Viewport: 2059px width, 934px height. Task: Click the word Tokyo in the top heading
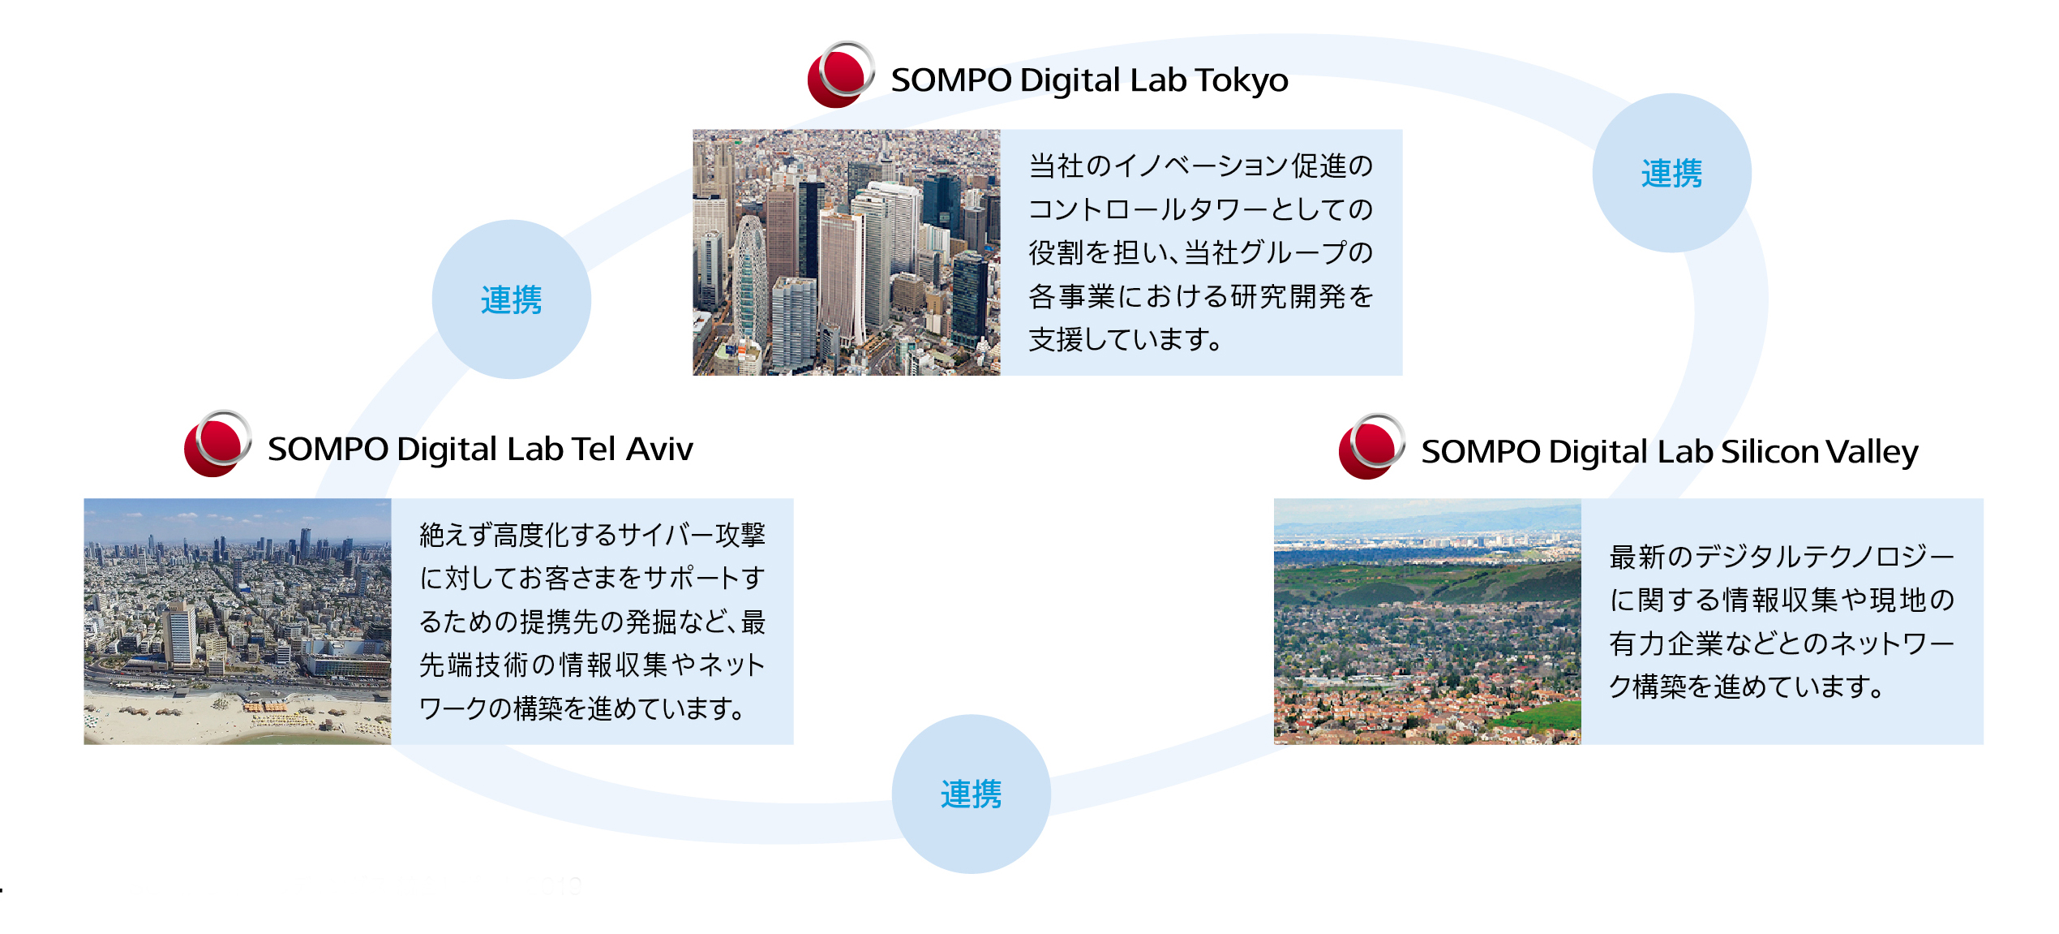click(1241, 80)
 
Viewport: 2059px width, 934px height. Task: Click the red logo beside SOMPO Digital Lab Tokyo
click(841, 75)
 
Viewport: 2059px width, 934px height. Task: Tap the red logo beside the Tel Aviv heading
click(217, 443)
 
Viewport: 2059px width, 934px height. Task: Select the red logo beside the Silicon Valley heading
click(1372, 446)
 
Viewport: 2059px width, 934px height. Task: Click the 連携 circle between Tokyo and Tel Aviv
click(512, 299)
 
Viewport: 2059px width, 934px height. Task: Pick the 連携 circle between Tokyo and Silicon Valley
click(1671, 173)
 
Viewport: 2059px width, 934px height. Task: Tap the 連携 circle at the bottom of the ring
click(972, 794)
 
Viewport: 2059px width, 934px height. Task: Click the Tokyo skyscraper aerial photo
click(847, 252)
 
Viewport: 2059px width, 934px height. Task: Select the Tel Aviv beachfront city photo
click(238, 622)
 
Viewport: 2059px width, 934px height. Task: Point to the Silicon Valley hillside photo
click(1427, 622)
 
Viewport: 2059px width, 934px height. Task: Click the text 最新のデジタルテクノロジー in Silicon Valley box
click(1782, 557)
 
